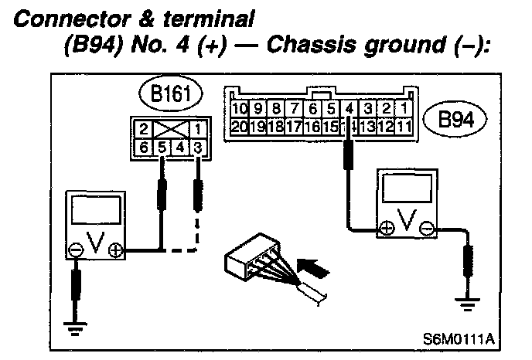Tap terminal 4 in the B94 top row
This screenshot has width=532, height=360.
pyautogui.click(x=349, y=108)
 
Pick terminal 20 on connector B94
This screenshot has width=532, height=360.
pyautogui.click(x=239, y=125)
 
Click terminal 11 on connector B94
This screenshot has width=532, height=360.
pyautogui.click(x=404, y=125)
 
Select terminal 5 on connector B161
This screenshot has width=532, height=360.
pyautogui.click(x=162, y=146)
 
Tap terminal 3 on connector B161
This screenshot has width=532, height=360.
pyautogui.click(x=197, y=146)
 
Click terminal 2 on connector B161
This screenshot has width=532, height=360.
pyautogui.click(x=145, y=128)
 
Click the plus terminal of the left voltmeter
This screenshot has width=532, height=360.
pyautogui.click(x=116, y=250)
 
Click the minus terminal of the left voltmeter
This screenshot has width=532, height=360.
pyautogui.click(x=76, y=250)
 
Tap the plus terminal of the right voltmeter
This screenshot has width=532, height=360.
pyautogui.click(x=385, y=228)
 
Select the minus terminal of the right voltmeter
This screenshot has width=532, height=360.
pyautogui.click(x=428, y=228)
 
